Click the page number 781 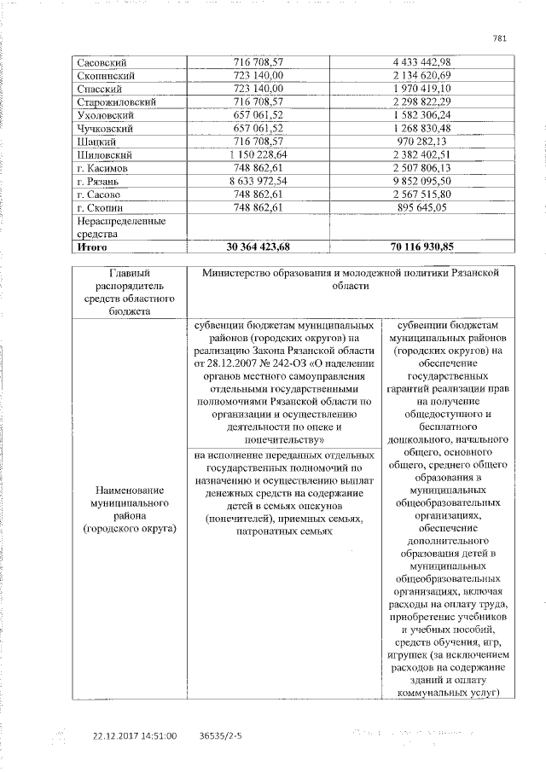point(501,37)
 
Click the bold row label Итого point(91,247)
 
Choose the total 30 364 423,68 point(257,247)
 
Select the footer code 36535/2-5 point(220,734)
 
